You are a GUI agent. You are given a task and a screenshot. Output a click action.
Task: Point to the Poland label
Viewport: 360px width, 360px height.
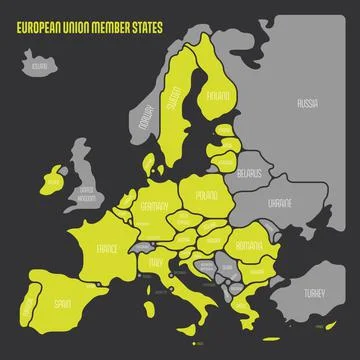(207, 196)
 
